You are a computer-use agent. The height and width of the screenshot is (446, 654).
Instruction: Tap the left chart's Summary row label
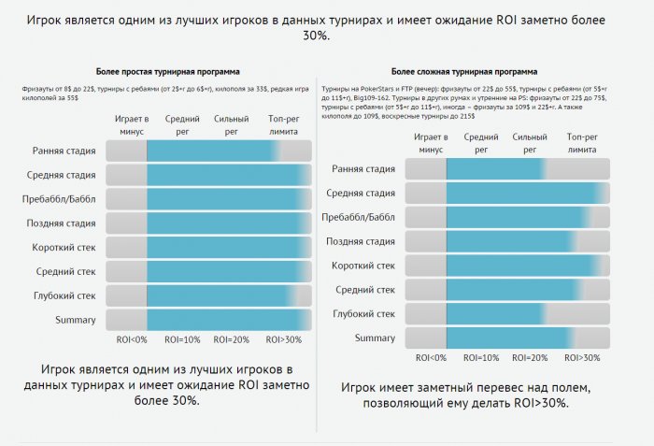76,320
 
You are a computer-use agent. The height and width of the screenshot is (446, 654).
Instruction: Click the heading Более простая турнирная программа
167,70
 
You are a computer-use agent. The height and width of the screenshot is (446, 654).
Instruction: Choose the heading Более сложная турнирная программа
464,70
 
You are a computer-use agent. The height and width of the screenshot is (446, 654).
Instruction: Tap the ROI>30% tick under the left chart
284,338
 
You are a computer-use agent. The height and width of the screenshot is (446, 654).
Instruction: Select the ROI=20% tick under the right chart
531,358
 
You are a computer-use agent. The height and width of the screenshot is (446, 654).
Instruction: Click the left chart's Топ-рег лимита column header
284,125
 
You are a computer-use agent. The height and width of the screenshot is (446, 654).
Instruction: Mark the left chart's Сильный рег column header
233,125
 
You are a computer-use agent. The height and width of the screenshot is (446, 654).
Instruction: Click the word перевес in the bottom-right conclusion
470,386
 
